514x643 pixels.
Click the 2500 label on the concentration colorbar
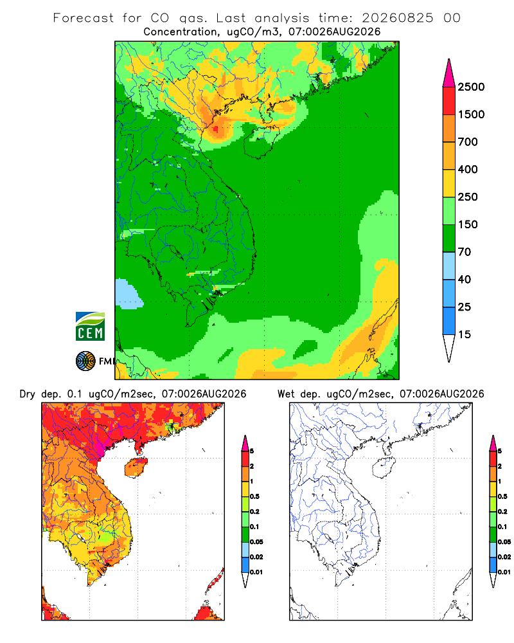pos(471,87)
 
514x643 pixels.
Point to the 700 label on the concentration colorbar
pos(468,142)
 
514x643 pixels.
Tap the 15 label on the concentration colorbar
pos(465,334)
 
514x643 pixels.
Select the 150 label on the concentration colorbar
pos(468,224)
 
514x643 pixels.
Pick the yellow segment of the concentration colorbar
pos(449,183)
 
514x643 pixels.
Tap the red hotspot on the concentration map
pos(216,131)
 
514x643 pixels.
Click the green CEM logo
pos(90,327)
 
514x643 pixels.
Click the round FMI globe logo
pos(85,361)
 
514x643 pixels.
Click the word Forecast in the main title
pos(84,18)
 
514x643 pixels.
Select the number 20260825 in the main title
pos(397,18)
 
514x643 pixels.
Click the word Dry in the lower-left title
pos(28,394)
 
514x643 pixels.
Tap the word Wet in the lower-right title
pos(286,394)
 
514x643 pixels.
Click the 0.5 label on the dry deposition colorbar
pos(254,496)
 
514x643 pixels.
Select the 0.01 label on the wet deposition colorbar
pos(504,572)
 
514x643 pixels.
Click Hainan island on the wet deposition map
pos(384,467)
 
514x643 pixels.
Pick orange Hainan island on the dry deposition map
pos(136,467)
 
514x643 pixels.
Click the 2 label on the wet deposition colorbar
pos(500,466)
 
